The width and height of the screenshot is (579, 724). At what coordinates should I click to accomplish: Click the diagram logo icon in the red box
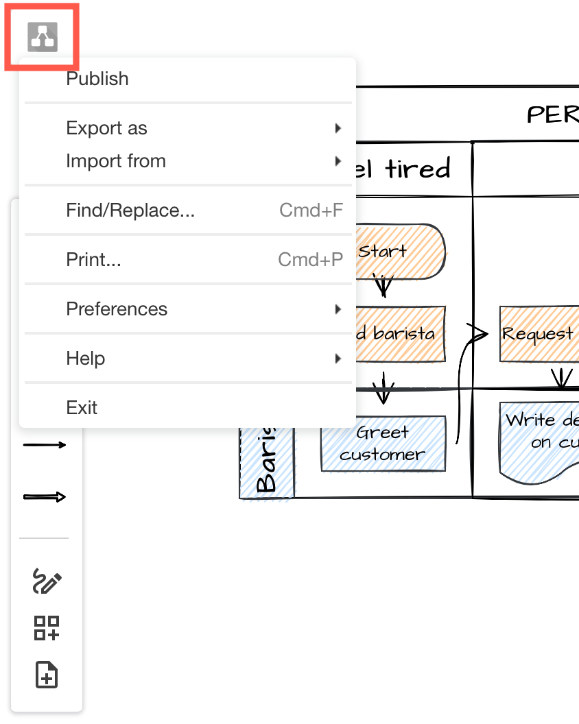click(43, 36)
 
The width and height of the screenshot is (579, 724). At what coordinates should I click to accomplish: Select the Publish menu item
click(97, 79)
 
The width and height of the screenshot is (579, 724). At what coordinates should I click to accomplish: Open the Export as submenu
click(106, 128)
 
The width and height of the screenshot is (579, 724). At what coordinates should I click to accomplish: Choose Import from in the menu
click(115, 161)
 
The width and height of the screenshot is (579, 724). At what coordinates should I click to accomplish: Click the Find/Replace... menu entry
click(130, 210)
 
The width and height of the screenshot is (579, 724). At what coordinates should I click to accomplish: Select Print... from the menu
click(93, 260)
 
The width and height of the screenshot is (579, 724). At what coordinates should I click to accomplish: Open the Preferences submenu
click(116, 309)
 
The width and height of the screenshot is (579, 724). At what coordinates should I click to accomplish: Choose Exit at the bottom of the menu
click(82, 408)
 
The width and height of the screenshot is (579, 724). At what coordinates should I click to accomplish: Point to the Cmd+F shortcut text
click(311, 210)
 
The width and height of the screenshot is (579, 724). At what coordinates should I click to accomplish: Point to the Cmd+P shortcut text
click(310, 260)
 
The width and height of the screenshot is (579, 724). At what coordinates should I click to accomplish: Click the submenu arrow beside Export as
click(338, 128)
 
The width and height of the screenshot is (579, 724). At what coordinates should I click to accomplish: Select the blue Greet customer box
click(383, 444)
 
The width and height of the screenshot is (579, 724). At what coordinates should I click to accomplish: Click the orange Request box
click(538, 334)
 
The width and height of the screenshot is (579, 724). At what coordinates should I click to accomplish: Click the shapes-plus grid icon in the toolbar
click(47, 628)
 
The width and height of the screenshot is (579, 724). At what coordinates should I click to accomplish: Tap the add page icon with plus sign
click(47, 675)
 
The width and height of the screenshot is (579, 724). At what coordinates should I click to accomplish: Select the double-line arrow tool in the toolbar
click(45, 497)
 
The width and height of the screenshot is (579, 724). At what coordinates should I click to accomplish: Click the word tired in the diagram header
click(418, 168)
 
